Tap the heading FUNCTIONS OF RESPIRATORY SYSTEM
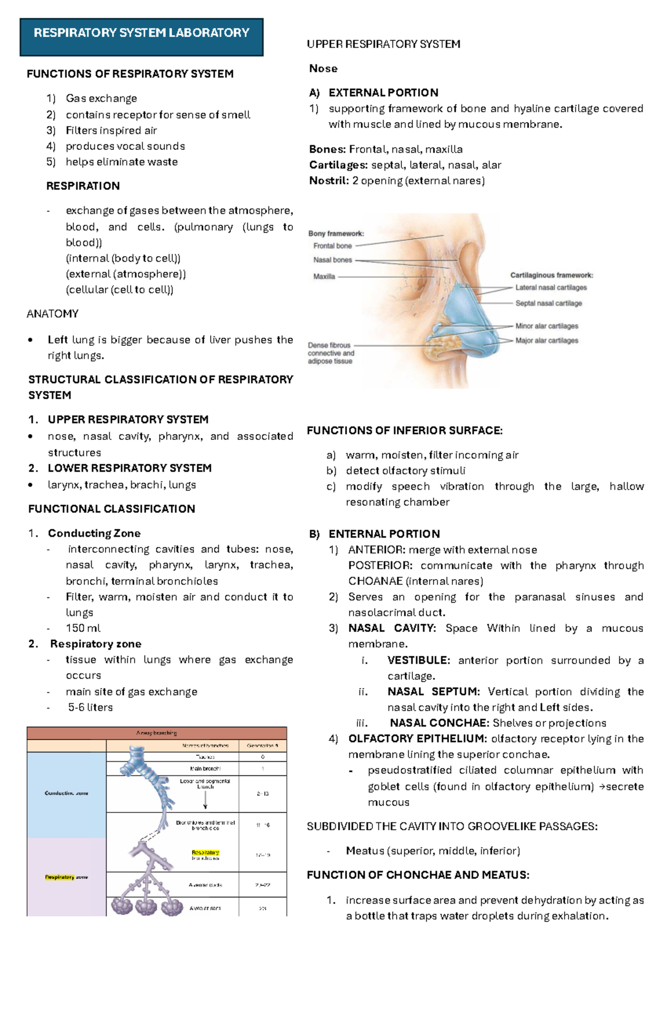(x=130, y=74)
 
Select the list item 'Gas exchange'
(x=101, y=98)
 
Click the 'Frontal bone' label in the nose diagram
(x=332, y=246)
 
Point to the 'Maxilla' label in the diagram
(x=324, y=277)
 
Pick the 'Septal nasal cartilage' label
(x=548, y=303)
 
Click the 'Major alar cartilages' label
(x=546, y=340)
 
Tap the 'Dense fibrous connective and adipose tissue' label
(x=331, y=353)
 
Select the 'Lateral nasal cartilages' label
(x=551, y=288)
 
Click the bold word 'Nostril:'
(x=329, y=180)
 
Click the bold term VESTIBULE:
(x=419, y=660)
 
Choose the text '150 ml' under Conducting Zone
(x=83, y=628)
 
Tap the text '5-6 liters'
(x=90, y=707)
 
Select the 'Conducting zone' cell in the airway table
(x=66, y=793)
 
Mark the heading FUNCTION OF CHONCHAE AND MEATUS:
(x=417, y=875)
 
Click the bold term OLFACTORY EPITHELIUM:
(x=417, y=739)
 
